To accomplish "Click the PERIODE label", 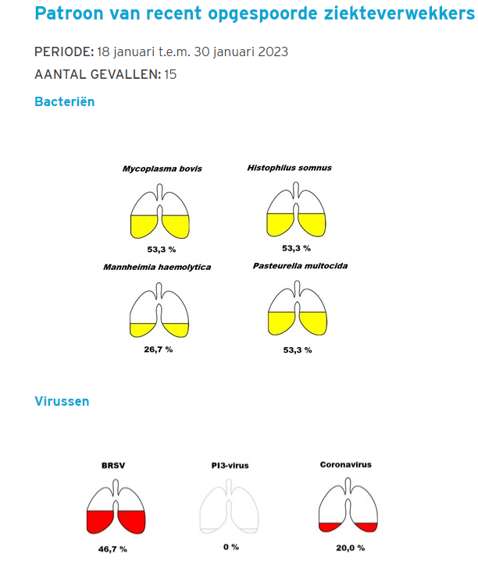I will pos(63,52).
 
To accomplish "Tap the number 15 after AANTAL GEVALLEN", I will pos(170,75).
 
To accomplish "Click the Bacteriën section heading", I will pos(65,101).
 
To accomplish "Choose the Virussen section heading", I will pos(62,401).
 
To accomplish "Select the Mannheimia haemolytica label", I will pos(157,267).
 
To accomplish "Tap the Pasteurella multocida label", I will pos(300,266).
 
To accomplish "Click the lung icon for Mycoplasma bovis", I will pos(159,212).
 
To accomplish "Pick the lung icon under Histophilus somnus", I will pos(296,211).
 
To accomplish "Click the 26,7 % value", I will pos(159,349).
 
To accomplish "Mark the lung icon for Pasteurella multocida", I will pos(297,309).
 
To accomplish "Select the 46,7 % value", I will pos(112,549).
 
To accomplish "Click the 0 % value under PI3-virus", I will pos(230,547).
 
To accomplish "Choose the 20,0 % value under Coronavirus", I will pos(349,548).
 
